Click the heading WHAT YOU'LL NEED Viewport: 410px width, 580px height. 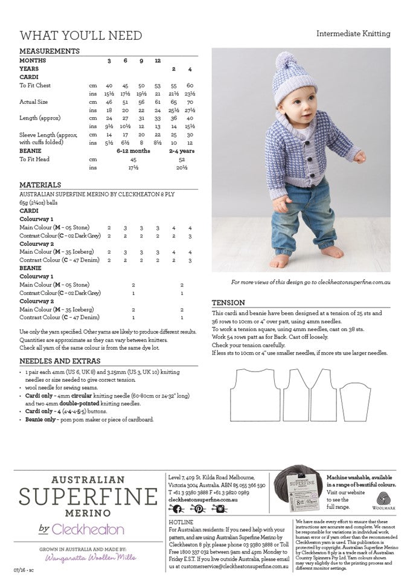pyautogui.click(x=81, y=35)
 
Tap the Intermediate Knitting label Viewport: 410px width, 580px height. pyautogui.click(x=353, y=34)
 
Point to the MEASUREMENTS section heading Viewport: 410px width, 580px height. pyautogui.click(x=50, y=51)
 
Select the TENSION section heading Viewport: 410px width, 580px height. pyautogui.click(x=228, y=303)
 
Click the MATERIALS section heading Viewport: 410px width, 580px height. pyautogui.click(x=40, y=185)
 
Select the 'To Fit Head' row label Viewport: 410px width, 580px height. pyautogui.click(x=34, y=159)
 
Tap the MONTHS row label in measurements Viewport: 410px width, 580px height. pyautogui.click(x=33, y=61)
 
